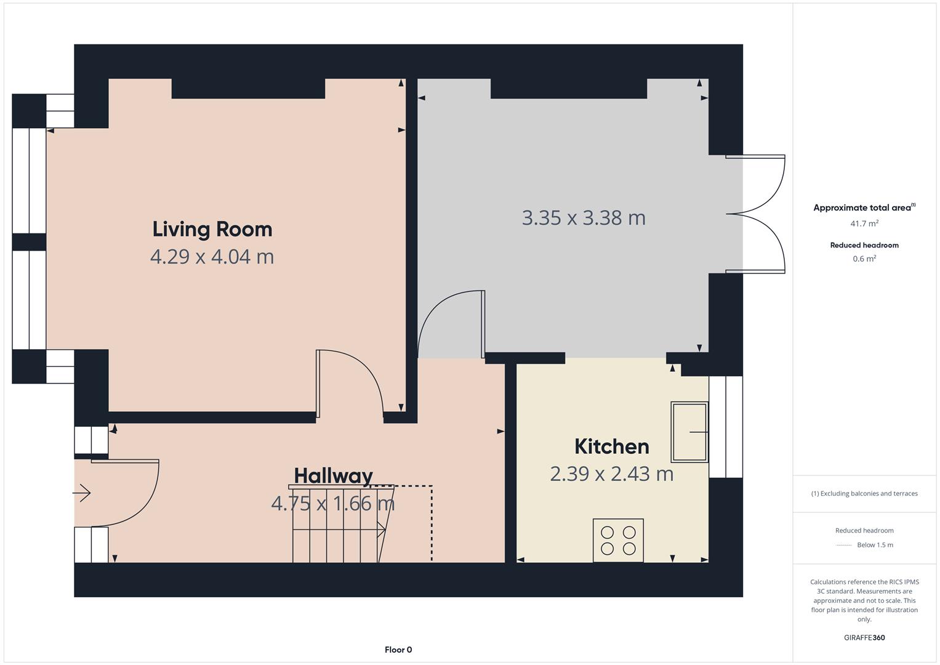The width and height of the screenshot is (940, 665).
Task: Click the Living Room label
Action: [212, 230]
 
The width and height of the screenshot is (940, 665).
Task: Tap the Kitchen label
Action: [612, 446]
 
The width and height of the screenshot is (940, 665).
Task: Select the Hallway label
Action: [333, 477]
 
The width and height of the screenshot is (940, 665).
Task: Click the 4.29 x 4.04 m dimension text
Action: [212, 257]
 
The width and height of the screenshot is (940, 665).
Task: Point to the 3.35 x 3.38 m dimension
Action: [584, 218]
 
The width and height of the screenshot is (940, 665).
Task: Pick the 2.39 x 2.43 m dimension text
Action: [612, 474]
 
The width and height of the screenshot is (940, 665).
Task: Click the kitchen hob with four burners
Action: [618, 541]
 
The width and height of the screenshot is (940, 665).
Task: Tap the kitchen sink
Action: [689, 432]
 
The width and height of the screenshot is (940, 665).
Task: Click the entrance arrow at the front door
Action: [82, 493]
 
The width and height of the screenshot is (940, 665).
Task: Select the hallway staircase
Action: [342, 523]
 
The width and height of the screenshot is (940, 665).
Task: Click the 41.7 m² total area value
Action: [864, 224]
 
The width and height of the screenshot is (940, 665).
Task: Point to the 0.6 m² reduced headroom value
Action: [864, 259]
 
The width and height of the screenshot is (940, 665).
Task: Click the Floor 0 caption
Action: [398, 650]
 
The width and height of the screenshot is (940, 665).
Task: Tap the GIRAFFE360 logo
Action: [864, 637]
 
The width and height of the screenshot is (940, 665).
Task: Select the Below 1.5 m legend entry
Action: [875, 545]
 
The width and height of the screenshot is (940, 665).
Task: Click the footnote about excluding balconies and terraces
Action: [864, 493]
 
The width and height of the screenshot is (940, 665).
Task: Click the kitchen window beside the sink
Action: [726, 427]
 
